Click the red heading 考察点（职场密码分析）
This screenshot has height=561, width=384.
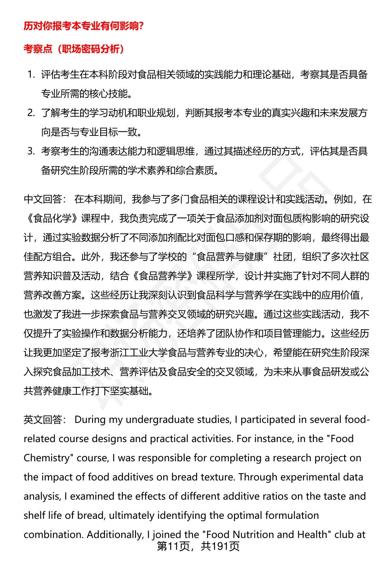point(74,49)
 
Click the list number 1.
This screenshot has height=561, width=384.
point(31,75)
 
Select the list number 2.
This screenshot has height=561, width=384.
point(31,113)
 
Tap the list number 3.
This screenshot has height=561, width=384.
point(31,152)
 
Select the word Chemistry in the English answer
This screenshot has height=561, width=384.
point(46,458)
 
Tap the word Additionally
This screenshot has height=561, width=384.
point(115,535)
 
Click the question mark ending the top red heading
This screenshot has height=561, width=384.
point(140,26)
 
